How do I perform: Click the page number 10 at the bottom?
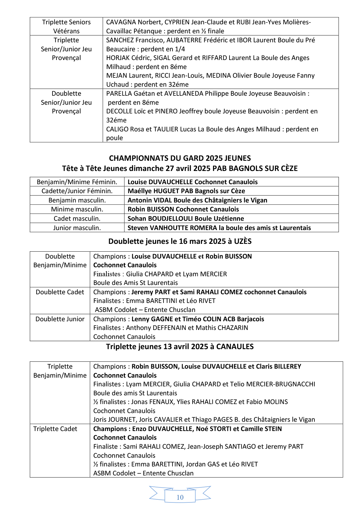pyautogui.click(x=180, y=497)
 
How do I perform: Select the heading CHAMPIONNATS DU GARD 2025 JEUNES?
pyautogui.click(x=180, y=158)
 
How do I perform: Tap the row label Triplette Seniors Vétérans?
pyautogui.click(x=66, y=26)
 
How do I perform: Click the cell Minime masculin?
pyautogui.click(x=77, y=209)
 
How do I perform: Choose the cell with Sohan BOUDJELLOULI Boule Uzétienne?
pyautogui.click(x=186, y=218)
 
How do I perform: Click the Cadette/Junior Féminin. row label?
pyautogui.click(x=77, y=191)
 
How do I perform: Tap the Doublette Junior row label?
pyautogui.click(x=60, y=319)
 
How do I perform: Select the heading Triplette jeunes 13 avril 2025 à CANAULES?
pyautogui.click(x=180, y=346)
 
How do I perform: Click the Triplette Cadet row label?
pyautogui.click(x=55, y=429)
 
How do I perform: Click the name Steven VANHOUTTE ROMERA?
pyautogui.click(x=172, y=228)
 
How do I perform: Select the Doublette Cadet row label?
pyautogui.click(x=60, y=292)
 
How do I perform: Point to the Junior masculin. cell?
pyautogui.click(x=77, y=228)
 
